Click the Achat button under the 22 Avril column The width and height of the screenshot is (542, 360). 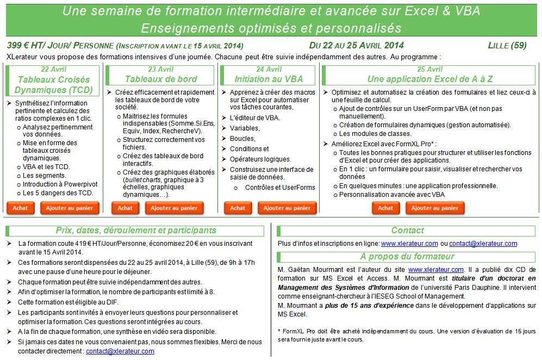point(21,208)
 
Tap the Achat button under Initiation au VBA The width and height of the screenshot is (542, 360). point(238,208)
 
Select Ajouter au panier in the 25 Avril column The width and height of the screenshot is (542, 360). point(435,208)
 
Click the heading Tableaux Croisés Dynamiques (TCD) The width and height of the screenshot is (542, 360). point(53,84)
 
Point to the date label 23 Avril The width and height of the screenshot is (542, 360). point(161,70)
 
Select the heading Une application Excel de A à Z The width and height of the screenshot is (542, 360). point(430,79)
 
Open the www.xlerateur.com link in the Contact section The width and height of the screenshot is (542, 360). point(409,244)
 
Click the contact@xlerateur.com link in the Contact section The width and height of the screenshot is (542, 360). point(483,244)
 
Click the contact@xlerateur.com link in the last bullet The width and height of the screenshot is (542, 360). point(120,351)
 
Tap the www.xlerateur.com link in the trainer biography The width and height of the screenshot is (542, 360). point(436,269)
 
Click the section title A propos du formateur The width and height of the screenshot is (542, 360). point(407,257)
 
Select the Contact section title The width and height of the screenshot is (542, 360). point(407,231)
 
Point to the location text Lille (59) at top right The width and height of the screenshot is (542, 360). point(507,45)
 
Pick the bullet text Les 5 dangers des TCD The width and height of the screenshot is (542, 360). point(58,193)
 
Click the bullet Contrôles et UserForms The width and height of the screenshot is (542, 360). point(280,188)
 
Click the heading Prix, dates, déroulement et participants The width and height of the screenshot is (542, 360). point(136,231)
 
